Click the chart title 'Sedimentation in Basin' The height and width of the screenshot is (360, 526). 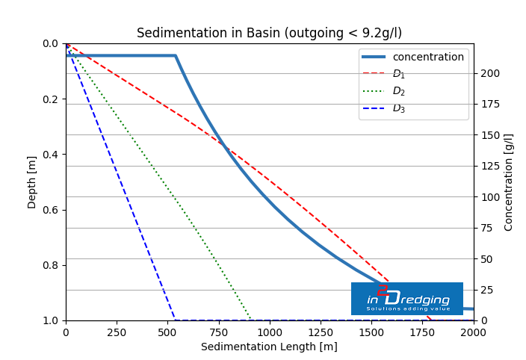point(269,33)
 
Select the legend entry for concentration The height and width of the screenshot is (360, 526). point(428,58)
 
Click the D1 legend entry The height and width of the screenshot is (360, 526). point(399,74)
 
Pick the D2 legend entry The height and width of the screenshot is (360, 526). point(399,91)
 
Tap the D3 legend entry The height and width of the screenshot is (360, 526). point(399,108)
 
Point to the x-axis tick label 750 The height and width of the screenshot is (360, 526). point(219,332)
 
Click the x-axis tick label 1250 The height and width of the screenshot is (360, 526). point(321,332)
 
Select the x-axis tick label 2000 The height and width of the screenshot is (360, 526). point(473,332)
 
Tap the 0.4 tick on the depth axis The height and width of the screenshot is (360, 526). point(49,155)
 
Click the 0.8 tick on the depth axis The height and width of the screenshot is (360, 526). point(49,265)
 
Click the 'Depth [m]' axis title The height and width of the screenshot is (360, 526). point(32,182)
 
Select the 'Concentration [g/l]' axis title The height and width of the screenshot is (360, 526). point(509,182)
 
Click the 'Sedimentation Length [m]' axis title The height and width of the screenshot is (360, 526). point(269,347)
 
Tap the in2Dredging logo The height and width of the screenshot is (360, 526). point(407,299)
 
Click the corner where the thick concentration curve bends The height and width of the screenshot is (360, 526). point(176,55)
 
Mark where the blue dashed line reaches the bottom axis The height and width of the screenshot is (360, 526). point(175,320)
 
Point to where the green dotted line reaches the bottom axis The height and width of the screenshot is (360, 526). point(250,320)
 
